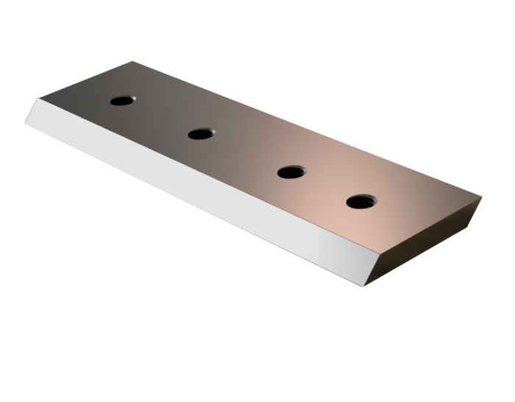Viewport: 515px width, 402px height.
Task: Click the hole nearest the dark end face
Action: pos(361,201)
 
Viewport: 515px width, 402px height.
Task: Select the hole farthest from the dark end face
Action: pos(122,100)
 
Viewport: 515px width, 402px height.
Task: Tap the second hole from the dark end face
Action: pos(292,172)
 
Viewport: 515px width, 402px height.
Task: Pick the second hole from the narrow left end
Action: pos(200,133)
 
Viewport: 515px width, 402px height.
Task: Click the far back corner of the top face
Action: pos(132,62)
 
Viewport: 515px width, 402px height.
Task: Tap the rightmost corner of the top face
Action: pos(481,197)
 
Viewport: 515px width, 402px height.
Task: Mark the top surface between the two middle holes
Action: pos(246,153)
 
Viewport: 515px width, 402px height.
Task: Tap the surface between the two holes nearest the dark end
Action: pos(327,187)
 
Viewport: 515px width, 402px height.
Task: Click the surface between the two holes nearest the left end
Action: pos(161,117)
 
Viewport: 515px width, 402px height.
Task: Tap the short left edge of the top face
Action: pos(85,80)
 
